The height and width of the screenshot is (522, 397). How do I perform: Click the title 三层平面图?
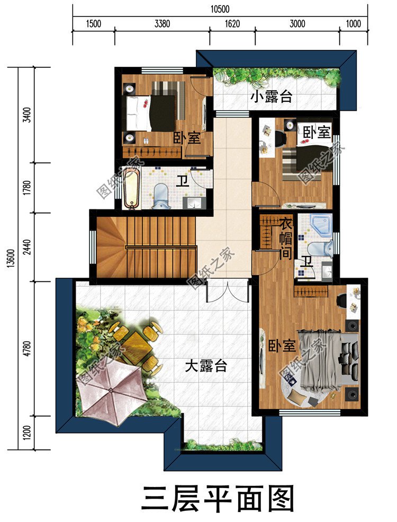click(217, 499)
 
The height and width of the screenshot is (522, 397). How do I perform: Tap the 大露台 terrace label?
click(206, 366)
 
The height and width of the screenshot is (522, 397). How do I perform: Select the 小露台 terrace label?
click(272, 97)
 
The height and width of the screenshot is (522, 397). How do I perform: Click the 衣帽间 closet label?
click(286, 238)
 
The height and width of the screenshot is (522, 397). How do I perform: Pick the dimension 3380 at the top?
click(162, 23)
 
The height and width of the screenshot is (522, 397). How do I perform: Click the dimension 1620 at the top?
click(232, 23)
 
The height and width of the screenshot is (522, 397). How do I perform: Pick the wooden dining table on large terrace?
click(137, 346)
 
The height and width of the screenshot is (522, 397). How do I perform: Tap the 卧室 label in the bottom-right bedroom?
click(282, 347)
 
